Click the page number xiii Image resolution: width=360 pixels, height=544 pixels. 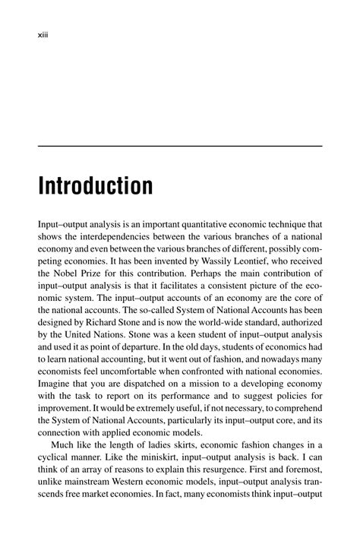[x=44, y=33]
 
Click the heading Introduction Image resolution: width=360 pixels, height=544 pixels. [x=95, y=186]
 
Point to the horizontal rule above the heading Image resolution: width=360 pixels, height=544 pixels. [x=180, y=146]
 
